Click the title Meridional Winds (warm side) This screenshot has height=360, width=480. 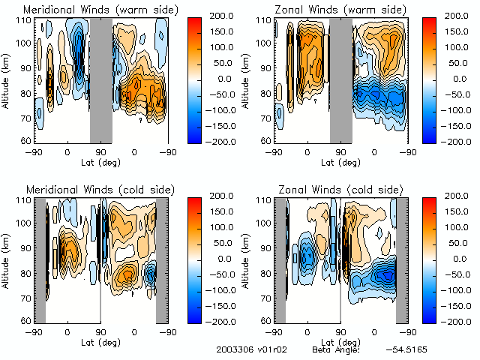100,10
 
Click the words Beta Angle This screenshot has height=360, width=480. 335,350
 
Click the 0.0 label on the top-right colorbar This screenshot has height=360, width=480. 455,78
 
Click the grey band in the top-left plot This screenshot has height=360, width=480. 101,79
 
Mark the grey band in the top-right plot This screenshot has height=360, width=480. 341,79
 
